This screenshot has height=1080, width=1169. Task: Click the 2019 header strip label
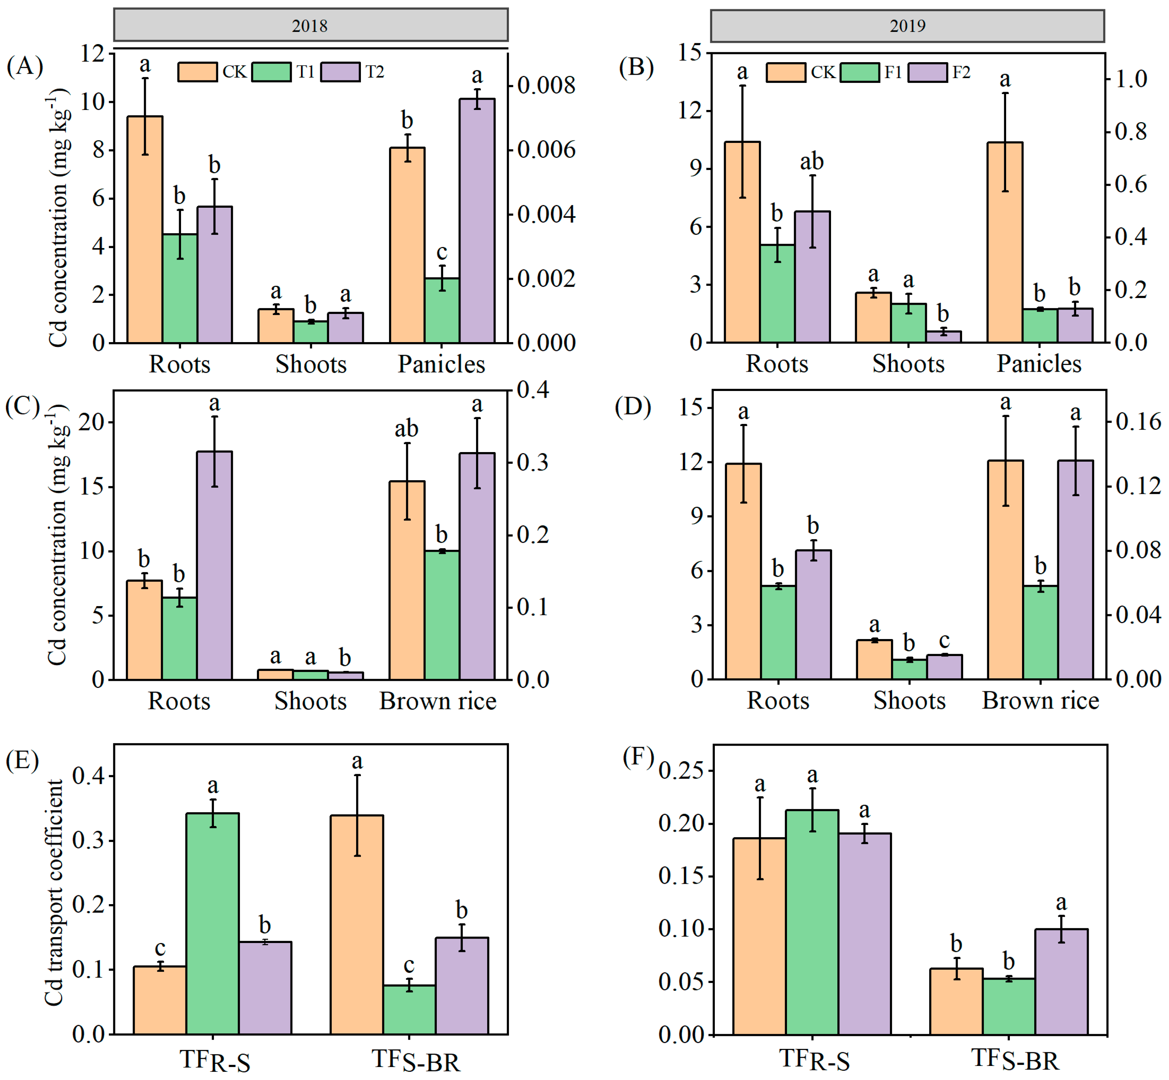tap(907, 26)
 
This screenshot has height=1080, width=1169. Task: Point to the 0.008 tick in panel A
tap(546, 85)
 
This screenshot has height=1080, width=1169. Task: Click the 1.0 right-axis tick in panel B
tap(1131, 79)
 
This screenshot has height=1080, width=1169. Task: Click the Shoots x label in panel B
tap(908, 364)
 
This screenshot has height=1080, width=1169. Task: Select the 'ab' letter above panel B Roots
tap(811, 161)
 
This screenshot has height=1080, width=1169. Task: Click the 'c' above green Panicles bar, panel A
tap(442, 252)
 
